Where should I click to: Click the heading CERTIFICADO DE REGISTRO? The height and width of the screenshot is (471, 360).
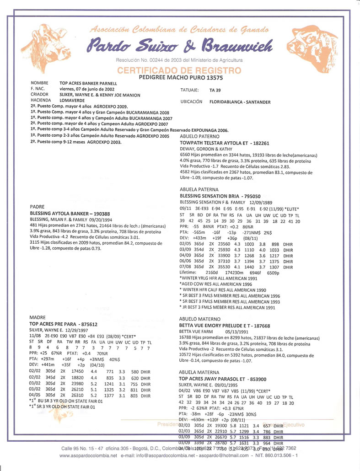coord(179,70)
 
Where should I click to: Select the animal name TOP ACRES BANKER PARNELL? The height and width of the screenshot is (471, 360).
coord(88,84)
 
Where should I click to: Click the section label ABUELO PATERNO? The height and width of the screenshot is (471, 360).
coord(200,136)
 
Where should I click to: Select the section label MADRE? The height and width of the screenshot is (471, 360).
coord(38,317)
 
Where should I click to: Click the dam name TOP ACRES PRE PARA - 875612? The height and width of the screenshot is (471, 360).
coord(64,323)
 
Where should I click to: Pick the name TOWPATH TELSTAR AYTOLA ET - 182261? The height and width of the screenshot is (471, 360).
coord(226,143)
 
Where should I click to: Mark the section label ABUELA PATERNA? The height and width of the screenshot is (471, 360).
coord(199,189)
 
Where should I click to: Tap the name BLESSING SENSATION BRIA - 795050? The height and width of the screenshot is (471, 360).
coord(220,195)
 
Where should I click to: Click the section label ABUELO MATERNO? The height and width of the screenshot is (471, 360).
coord(200,319)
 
